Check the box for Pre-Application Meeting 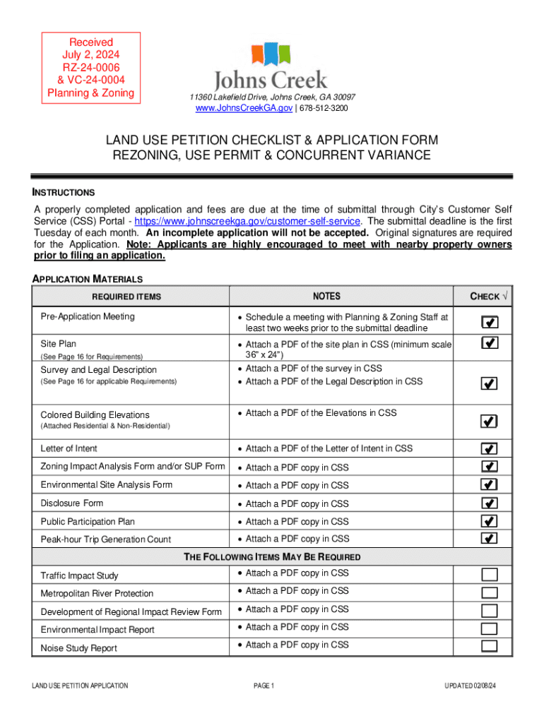tap(489, 323)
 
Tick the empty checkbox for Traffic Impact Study tap(489, 575)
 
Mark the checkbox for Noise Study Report tap(489, 647)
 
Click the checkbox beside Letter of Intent tap(489, 448)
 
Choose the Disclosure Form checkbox tap(489, 503)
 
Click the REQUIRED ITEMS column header tap(131, 297)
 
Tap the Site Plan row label tap(59, 344)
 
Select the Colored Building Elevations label tap(95, 414)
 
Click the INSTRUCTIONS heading tap(64, 193)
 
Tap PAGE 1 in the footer tap(263, 686)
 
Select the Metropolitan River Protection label tap(97, 594)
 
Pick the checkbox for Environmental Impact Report tap(489, 629)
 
